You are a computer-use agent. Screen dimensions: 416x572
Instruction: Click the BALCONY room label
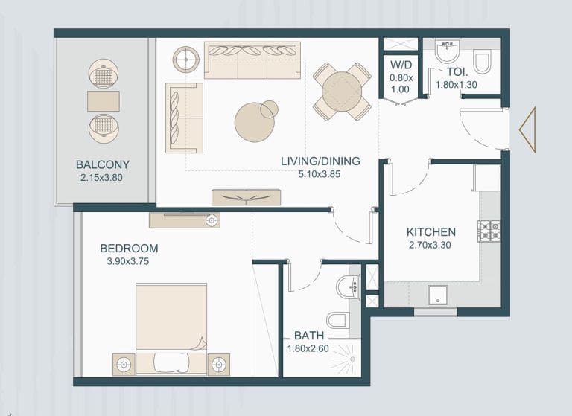coord(103,164)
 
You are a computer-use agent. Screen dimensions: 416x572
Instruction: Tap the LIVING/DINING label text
coord(320,161)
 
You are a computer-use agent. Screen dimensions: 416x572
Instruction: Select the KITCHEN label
coord(430,232)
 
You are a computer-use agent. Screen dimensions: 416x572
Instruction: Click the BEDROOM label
coord(129,248)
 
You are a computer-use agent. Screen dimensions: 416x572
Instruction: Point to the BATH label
coord(308,336)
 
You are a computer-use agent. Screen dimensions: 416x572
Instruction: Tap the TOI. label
coord(456,72)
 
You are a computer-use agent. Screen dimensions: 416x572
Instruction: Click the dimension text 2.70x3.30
coord(430,245)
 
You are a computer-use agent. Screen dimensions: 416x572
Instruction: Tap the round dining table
coord(342,92)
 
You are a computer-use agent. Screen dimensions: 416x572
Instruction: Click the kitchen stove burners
coord(489,231)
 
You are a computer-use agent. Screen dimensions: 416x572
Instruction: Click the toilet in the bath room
coord(338,320)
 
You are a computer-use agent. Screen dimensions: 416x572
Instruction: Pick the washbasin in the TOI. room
coord(447,51)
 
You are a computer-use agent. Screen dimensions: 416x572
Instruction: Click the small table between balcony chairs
coord(103,100)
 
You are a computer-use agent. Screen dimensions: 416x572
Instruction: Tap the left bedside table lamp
coord(124,365)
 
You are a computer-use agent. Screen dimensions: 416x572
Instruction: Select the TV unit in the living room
coord(246,197)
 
